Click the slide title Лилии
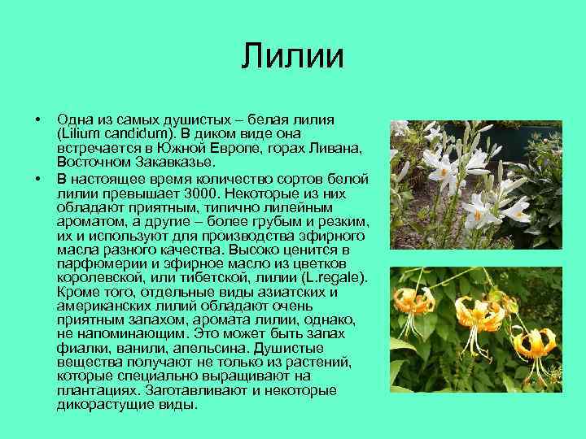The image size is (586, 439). tap(293, 57)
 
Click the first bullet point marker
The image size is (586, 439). tap(37, 120)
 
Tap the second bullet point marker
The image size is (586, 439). tap(37, 177)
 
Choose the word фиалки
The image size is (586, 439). tap(82, 347)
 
